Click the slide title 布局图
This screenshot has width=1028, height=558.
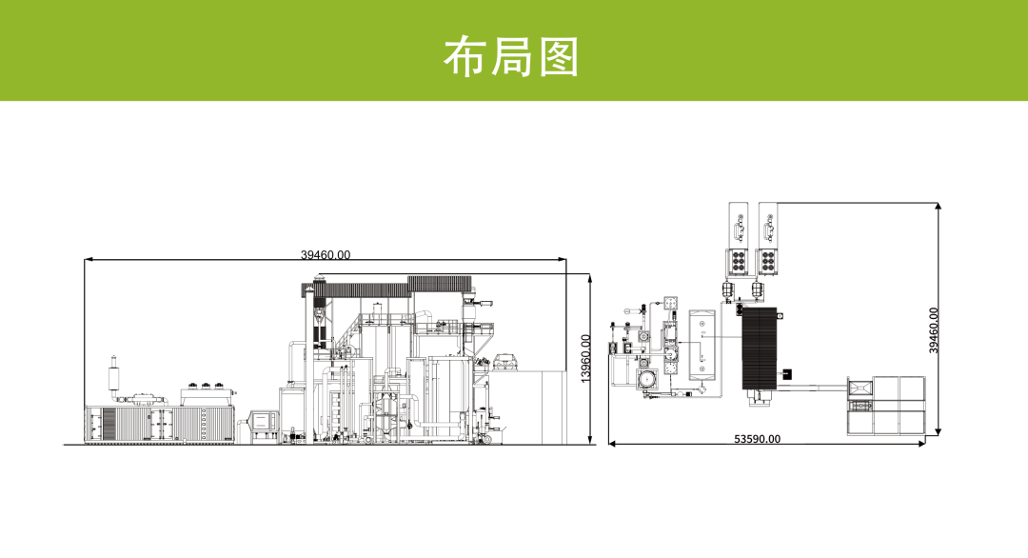click(511, 57)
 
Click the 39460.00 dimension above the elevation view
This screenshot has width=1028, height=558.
click(326, 254)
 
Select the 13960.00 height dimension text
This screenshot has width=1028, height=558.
click(586, 357)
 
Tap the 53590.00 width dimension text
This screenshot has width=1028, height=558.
click(757, 439)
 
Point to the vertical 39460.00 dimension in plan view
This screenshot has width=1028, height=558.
click(934, 329)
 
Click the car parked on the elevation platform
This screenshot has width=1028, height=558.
click(505, 361)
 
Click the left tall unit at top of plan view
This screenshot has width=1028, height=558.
click(740, 238)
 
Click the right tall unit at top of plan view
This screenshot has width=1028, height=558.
click(769, 238)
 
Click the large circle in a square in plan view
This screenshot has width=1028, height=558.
click(647, 379)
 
